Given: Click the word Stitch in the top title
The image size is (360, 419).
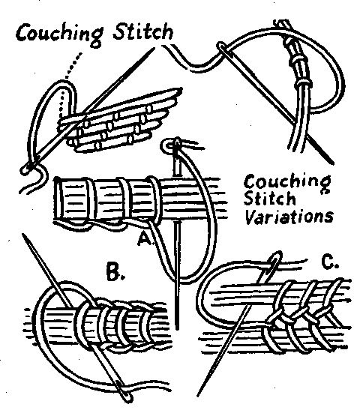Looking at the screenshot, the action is pyautogui.click(x=143, y=32).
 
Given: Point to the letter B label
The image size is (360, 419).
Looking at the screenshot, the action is pyautogui.click(x=115, y=272).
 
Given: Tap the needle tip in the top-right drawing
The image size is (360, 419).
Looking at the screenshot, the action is pyautogui.click(x=332, y=162).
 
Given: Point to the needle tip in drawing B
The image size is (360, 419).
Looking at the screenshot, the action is pyautogui.click(x=23, y=235).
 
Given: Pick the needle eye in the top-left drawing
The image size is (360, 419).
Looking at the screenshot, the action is pyautogui.click(x=28, y=168).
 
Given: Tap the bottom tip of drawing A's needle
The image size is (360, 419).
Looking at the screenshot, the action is pyautogui.click(x=176, y=328).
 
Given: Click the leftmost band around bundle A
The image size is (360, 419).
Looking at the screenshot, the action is pyautogui.click(x=91, y=201).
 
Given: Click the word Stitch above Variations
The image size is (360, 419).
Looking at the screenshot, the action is pyautogui.click(x=269, y=199).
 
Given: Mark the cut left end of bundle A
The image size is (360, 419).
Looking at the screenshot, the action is pyautogui.click(x=57, y=200).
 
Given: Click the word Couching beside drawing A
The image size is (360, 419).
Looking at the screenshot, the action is pyautogui.click(x=287, y=182).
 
